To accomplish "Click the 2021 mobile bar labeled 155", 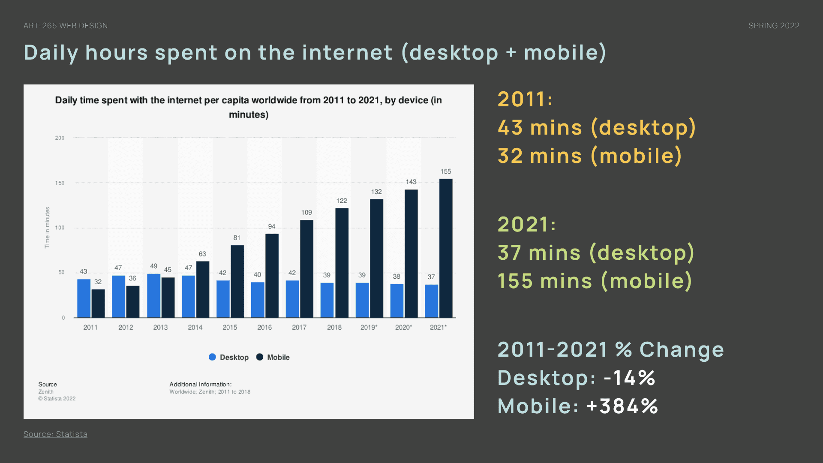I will pos(446,248).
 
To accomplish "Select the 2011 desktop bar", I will pos(84,298).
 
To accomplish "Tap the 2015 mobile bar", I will pos(237,281).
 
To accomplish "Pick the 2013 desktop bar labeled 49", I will pos(153,296).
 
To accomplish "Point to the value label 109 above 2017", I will pos(306,213).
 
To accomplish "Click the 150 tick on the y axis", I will pos(60,183).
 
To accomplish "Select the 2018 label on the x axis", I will pos(334,328).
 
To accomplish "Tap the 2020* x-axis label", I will pos(403,328).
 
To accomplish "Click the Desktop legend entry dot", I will pos(212,357).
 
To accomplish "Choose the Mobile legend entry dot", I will pos(260,357).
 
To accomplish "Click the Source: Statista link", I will pos(55,434).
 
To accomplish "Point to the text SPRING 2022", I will pos(774,26).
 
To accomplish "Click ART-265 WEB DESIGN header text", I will pos(66,26).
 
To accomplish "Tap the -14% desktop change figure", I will pos(629,378).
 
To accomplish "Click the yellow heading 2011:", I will pos(525,99).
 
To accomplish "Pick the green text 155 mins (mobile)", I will pos(595,281).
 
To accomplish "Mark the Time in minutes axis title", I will pos(47,228).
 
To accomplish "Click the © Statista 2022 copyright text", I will pos(57,399).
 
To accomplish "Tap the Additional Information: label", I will pos(200,385).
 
